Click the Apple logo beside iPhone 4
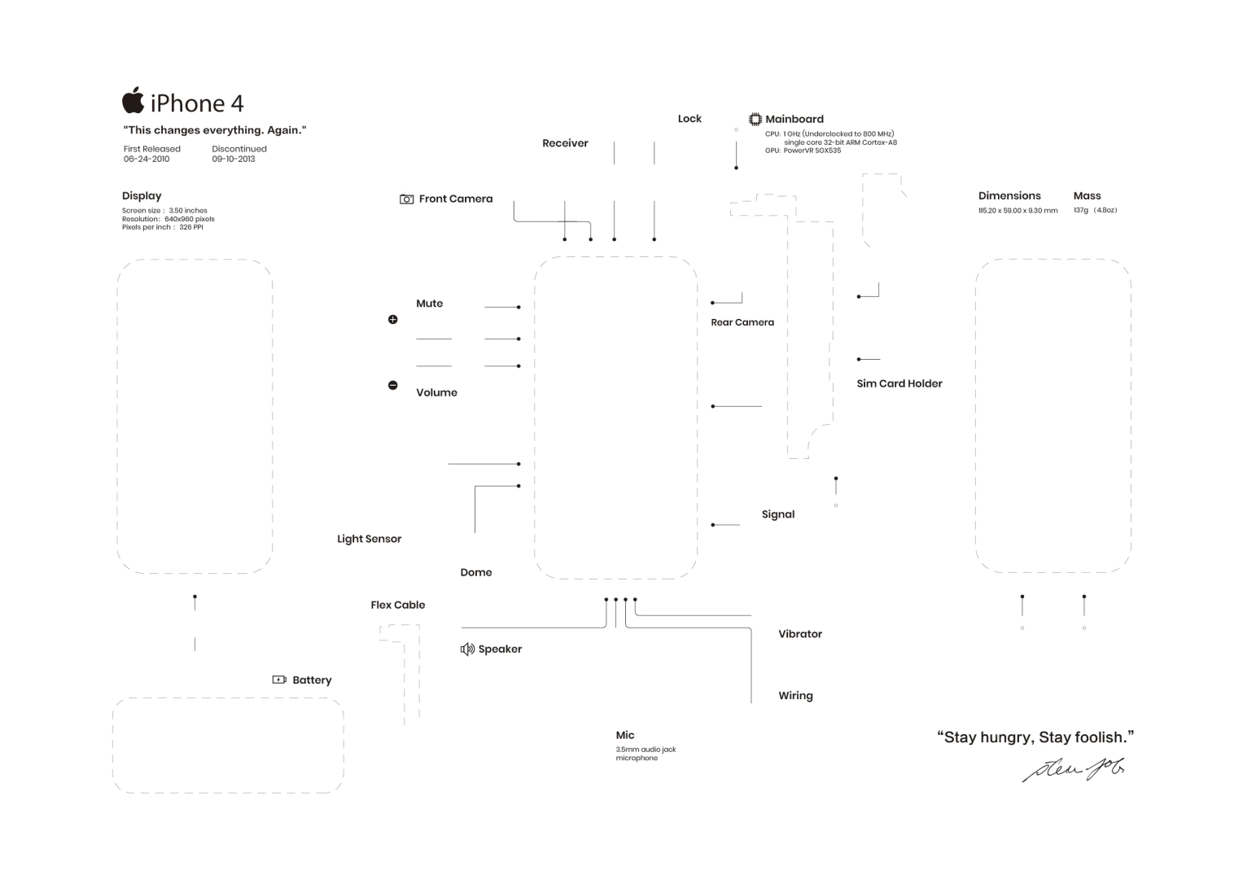coord(133,101)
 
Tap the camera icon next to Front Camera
coord(406,199)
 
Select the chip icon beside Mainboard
coord(755,120)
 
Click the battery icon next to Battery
coord(279,680)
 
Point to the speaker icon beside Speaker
coord(467,649)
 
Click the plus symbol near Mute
coord(393,320)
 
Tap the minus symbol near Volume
coord(393,385)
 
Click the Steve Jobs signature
coord(1074,768)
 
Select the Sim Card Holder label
coord(899,383)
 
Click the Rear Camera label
coord(742,322)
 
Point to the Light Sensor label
coord(369,539)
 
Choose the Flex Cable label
coord(397,605)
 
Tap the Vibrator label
coord(799,634)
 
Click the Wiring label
coord(795,696)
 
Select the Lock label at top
coord(689,119)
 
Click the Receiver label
coord(565,143)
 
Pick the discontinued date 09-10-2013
coord(234,160)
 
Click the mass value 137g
coord(1081,211)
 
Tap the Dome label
coord(475,572)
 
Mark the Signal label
coord(777,514)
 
